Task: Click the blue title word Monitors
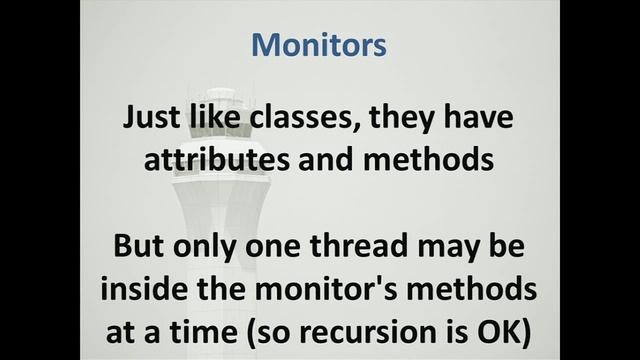[319, 45]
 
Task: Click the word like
[212, 118]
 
